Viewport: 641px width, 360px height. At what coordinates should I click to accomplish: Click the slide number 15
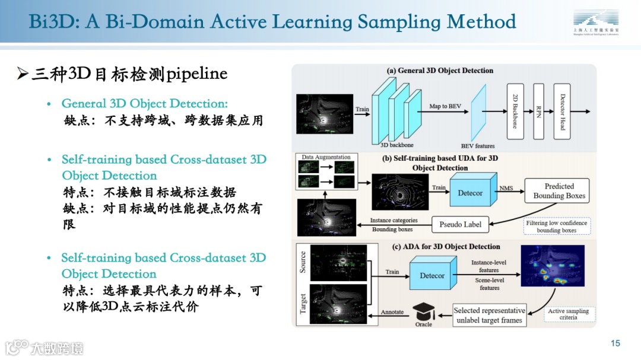[x=615, y=343]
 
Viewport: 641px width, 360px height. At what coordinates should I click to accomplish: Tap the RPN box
[x=538, y=111]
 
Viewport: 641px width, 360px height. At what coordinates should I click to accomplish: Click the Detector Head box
[x=561, y=111]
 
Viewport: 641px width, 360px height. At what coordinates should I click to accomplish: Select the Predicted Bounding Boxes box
[x=559, y=191]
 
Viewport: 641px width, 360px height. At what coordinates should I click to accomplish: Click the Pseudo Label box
[x=461, y=224]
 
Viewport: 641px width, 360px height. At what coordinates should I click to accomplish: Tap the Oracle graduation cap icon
[x=424, y=311]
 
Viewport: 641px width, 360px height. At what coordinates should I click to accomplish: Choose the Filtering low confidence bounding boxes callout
[x=556, y=227]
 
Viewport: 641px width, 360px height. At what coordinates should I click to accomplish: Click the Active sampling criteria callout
[x=568, y=314]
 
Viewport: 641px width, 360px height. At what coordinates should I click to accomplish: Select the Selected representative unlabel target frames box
[x=489, y=315]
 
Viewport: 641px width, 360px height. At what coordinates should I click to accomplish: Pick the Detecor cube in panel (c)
[x=433, y=273]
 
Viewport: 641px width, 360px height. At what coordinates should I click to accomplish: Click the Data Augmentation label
[x=326, y=157]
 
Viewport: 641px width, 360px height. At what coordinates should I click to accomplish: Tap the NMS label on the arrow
[x=506, y=188]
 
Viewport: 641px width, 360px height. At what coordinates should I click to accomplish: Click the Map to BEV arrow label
[x=446, y=106]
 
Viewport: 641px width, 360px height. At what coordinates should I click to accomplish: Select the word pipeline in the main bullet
[x=197, y=74]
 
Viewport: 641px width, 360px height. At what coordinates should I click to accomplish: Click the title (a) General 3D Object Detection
[x=440, y=71]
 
